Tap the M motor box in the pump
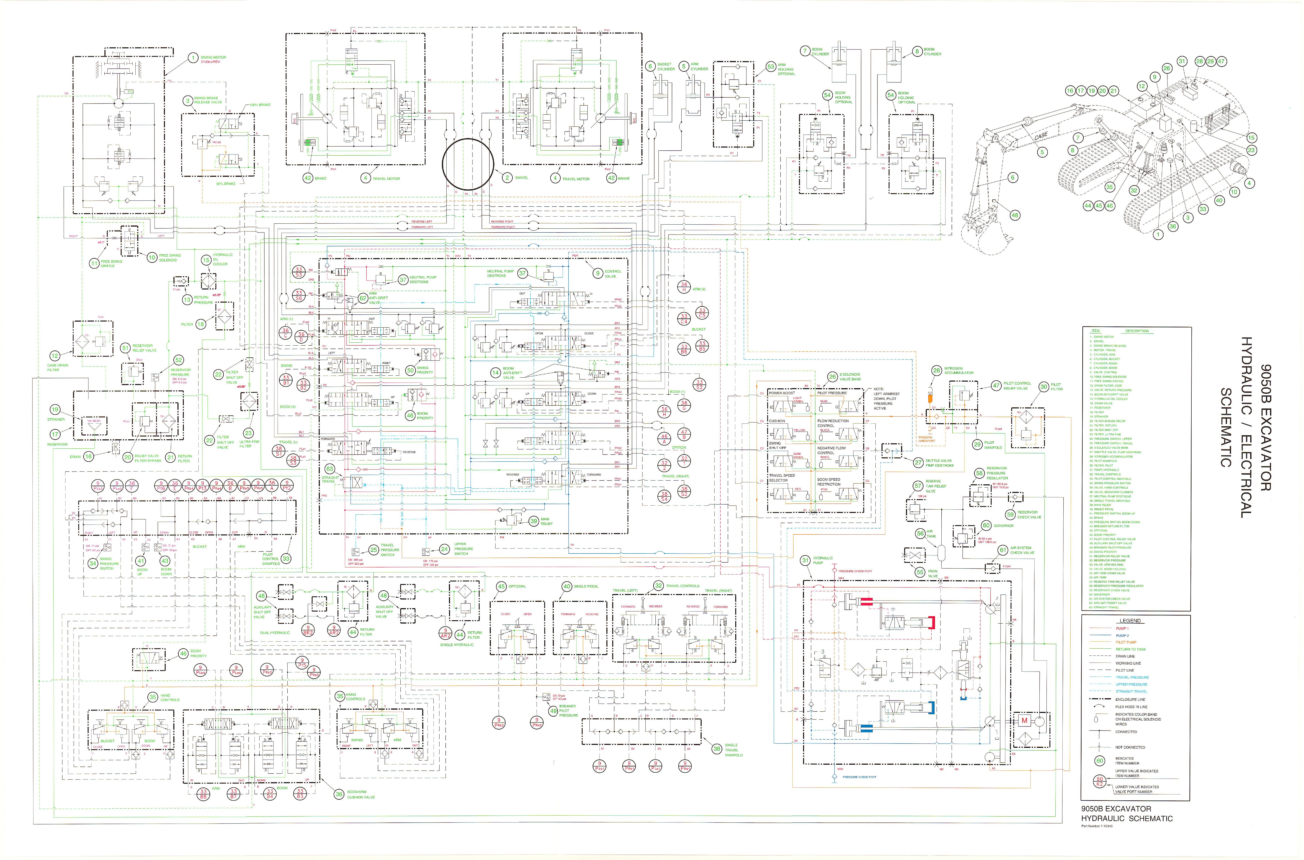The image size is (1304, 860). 1023,720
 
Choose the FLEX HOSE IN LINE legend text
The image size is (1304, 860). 1131,707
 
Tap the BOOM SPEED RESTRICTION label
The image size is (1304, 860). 828,482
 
